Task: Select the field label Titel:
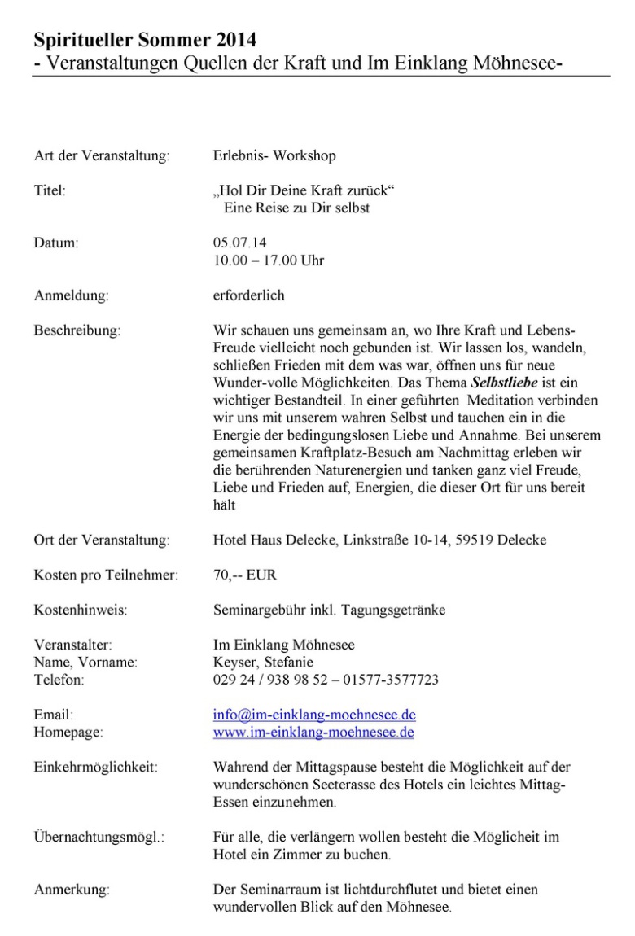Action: click(x=50, y=192)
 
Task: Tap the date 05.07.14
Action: click(x=234, y=243)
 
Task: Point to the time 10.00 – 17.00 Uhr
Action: click(x=268, y=260)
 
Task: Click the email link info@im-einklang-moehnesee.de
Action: click(x=314, y=715)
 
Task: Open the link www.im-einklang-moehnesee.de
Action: click(x=313, y=733)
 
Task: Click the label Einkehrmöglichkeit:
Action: click(x=96, y=767)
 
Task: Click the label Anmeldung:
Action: click(x=71, y=295)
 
